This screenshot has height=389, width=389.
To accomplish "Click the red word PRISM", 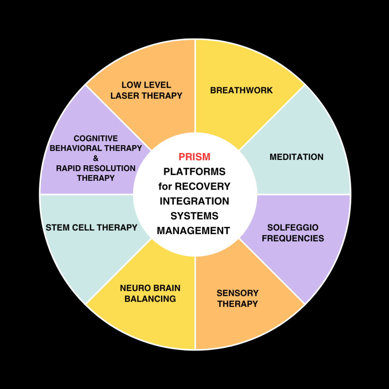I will click(194, 157).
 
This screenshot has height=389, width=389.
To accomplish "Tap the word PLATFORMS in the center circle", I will click(194, 172).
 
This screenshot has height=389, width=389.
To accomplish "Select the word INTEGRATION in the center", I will click(194, 201).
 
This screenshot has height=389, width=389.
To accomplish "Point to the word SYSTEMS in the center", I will click(194, 216).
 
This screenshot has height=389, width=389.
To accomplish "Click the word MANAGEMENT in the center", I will click(193, 231).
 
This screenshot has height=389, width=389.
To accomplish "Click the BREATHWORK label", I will click(241, 90).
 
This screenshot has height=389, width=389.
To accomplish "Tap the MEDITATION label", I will click(296, 157).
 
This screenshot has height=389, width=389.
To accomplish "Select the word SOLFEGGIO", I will click(293, 228).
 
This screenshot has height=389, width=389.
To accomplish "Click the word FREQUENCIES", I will click(293, 239).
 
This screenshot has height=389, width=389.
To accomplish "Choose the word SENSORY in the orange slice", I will click(237, 293).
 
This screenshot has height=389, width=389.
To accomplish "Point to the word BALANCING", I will click(150, 299).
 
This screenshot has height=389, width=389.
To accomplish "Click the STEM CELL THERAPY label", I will click(91, 228).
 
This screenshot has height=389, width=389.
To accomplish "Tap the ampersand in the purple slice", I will click(96, 158).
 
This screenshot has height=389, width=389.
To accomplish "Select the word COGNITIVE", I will click(96, 139).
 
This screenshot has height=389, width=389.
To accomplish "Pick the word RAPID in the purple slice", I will click(70, 168).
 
